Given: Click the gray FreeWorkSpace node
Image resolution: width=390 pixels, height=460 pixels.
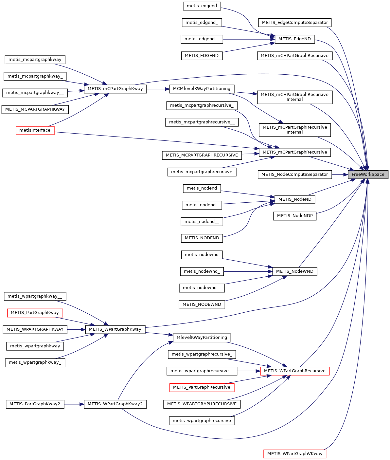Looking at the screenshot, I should (x=368, y=175).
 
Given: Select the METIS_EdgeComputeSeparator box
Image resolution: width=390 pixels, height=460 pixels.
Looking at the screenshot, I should (x=295, y=23).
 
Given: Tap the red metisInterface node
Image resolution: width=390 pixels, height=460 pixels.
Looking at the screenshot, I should (x=35, y=130).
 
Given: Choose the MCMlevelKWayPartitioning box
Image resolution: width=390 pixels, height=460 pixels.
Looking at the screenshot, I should (x=202, y=89).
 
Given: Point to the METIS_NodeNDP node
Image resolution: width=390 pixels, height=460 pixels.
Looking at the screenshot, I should (x=295, y=216).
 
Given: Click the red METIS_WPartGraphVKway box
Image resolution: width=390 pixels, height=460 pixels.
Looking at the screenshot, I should (x=295, y=454).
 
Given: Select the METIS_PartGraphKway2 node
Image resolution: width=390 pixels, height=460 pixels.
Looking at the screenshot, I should (x=35, y=404).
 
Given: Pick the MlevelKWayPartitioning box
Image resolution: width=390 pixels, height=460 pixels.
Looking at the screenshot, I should (x=202, y=338).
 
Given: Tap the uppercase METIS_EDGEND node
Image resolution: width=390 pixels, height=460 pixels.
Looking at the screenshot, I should (x=202, y=56).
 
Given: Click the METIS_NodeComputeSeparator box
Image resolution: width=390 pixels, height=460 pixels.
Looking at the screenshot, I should (x=295, y=175).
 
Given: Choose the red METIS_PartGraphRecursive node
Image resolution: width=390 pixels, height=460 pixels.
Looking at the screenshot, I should (x=202, y=387).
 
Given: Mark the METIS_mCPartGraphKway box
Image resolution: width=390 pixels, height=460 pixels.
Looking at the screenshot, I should (x=115, y=89).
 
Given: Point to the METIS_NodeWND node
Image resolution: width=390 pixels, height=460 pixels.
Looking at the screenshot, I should (x=295, y=271).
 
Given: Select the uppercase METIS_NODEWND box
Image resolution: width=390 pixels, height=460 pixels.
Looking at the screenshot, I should (x=202, y=304).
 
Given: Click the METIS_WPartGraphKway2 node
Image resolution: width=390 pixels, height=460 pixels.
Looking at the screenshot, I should (x=115, y=404).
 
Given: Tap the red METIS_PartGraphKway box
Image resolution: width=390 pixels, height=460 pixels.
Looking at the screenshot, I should (x=35, y=313).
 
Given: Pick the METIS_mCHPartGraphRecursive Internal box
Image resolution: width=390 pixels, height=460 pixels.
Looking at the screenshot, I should (x=295, y=97).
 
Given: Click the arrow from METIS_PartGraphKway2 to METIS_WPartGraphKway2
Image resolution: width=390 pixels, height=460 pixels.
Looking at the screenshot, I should (x=74, y=404).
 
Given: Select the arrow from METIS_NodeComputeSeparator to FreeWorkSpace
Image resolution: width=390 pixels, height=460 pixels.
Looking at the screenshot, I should (x=340, y=175).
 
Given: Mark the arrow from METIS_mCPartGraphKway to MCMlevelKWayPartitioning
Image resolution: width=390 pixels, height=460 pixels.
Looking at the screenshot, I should (x=158, y=89).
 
